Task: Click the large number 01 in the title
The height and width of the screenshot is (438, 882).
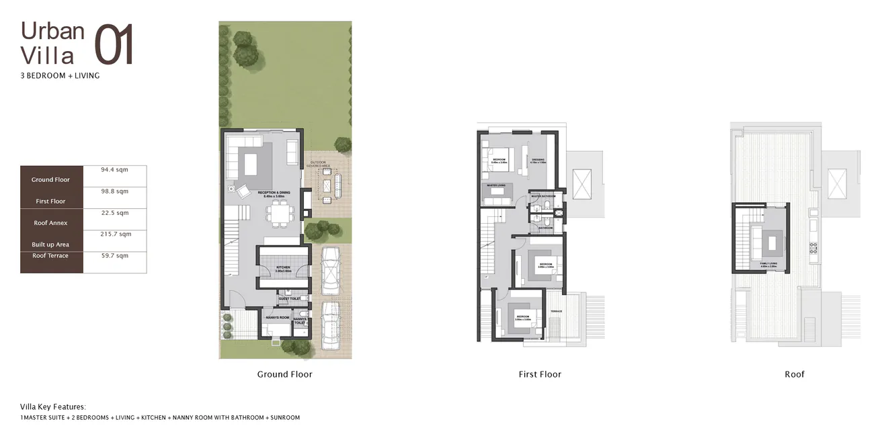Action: tap(114, 45)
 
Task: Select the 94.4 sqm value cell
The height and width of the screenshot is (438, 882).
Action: tap(114, 170)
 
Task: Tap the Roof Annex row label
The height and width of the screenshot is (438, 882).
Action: tap(50, 222)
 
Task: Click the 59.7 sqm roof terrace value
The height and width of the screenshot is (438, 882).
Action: tap(114, 256)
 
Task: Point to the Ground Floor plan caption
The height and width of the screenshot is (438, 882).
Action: tap(284, 374)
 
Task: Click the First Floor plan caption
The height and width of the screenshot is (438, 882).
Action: tap(540, 374)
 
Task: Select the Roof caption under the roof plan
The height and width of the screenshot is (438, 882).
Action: tap(794, 374)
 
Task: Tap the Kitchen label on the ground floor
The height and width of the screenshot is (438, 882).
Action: tap(283, 267)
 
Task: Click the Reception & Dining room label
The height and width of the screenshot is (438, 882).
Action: tap(274, 193)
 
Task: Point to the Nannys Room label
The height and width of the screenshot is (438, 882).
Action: tap(277, 317)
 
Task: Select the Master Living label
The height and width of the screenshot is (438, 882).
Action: tap(495, 185)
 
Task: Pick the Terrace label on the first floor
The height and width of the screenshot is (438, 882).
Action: tap(557, 312)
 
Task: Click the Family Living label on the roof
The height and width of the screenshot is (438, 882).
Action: tap(768, 263)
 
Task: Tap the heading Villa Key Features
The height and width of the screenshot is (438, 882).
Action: tap(53, 407)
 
